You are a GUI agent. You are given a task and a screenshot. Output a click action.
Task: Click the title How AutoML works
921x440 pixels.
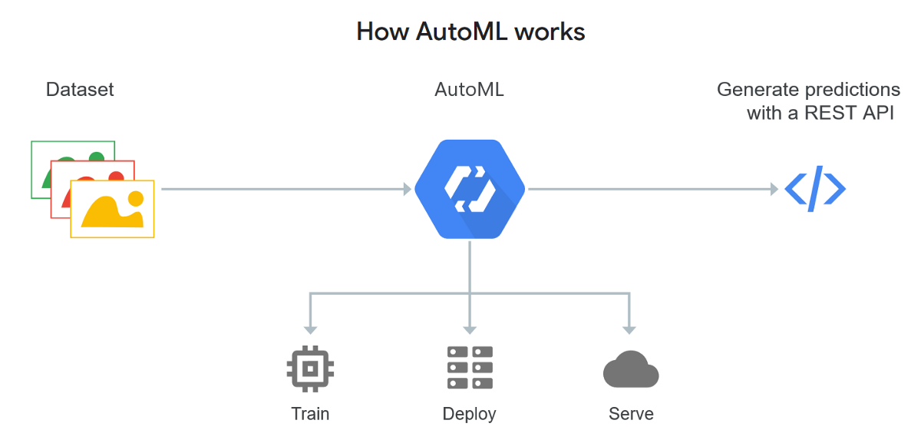point(470,31)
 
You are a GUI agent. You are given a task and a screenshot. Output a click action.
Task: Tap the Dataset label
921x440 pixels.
point(80,89)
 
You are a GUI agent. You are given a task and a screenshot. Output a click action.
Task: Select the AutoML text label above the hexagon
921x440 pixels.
point(469,89)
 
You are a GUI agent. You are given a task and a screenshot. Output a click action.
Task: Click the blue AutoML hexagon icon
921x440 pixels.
point(470,189)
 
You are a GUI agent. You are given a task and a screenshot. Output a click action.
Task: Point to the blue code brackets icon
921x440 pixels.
point(815,188)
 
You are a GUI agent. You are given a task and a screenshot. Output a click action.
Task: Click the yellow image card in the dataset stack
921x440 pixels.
point(112,210)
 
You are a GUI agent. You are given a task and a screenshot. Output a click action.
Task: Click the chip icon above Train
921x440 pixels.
point(310,369)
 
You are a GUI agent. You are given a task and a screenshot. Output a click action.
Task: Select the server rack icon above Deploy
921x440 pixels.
point(470,367)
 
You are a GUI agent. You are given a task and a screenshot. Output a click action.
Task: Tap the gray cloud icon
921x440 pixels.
point(631,370)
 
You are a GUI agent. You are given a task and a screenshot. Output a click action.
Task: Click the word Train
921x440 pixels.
point(310,414)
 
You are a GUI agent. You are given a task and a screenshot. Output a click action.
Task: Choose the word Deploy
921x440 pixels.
point(470,414)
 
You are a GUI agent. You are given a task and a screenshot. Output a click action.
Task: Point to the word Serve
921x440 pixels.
point(631,414)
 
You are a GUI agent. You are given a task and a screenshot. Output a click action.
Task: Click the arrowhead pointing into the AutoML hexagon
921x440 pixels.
point(408,189)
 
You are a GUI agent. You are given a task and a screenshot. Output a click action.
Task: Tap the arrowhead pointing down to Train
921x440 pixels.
point(310,329)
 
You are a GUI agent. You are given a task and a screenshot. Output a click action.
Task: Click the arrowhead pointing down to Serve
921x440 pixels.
point(630,329)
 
